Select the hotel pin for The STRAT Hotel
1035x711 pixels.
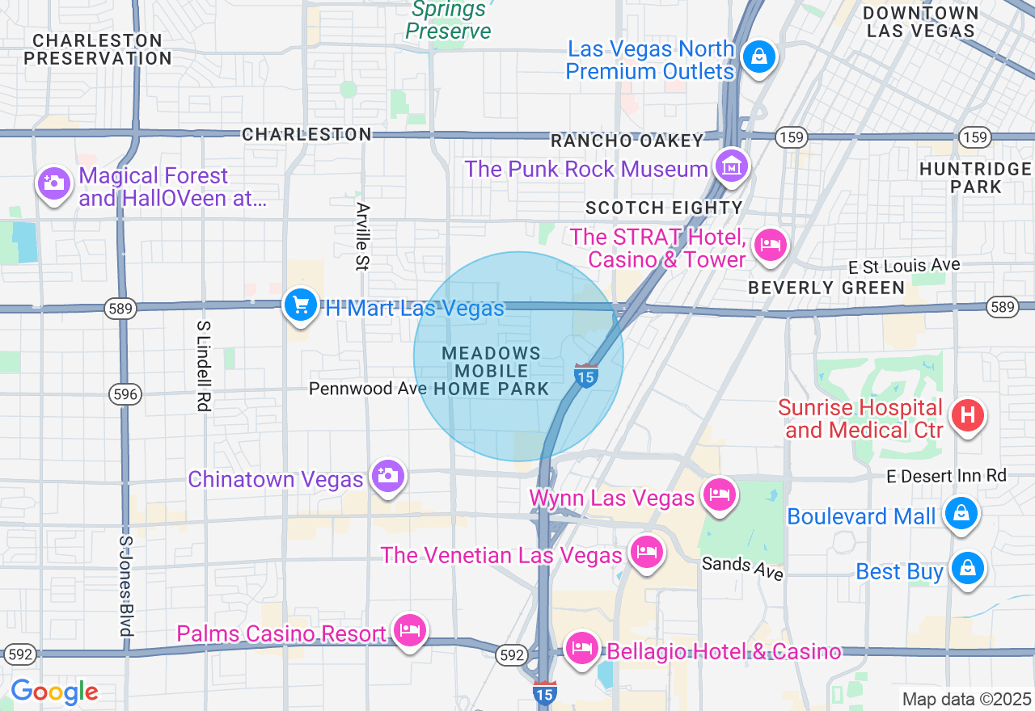point(770,244)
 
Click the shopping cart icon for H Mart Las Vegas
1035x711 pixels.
point(301,305)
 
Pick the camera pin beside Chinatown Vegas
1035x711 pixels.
point(387,476)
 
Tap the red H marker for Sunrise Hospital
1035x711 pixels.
point(968,415)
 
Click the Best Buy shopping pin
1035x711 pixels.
point(967,569)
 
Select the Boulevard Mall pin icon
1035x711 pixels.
point(961,513)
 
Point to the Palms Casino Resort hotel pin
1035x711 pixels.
point(410,630)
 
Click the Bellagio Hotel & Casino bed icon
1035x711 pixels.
point(581,648)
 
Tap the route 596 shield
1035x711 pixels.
point(125,394)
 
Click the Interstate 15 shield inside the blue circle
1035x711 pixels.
point(586,376)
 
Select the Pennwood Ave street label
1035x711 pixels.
point(368,389)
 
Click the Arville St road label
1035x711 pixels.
point(362,235)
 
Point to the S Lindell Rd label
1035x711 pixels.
point(203,365)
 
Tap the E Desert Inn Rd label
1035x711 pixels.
point(946,476)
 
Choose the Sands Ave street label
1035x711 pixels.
point(742,567)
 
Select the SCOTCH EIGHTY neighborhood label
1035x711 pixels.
point(664,208)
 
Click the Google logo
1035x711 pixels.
point(54,692)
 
